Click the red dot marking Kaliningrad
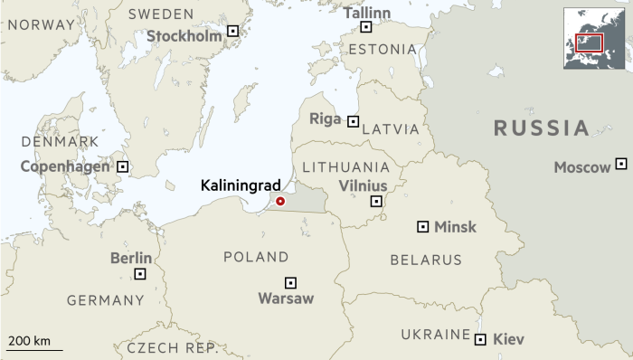280,201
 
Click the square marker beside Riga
353,121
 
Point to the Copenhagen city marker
123,166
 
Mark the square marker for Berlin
140,273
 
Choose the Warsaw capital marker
290,282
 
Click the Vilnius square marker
376,201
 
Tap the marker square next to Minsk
422,226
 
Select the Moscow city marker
620,164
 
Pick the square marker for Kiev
479,339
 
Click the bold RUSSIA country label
542,128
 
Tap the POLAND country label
256,258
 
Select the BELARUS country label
426,261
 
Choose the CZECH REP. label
166,347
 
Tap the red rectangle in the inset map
589,42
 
